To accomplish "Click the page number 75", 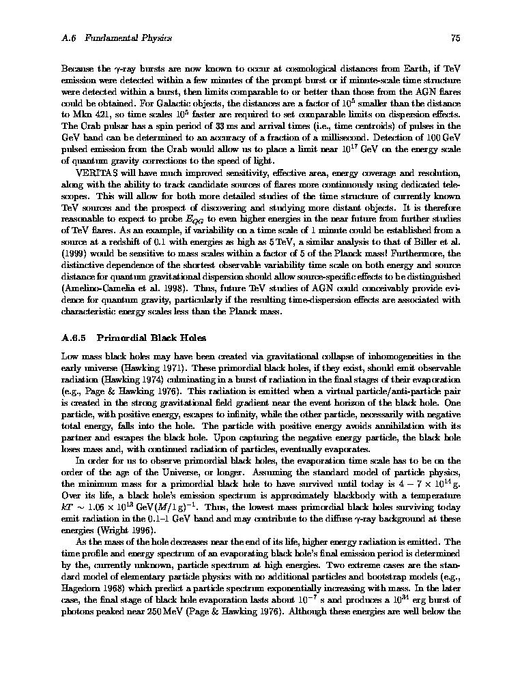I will point(456,38).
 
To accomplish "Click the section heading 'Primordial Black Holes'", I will point(151,337).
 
